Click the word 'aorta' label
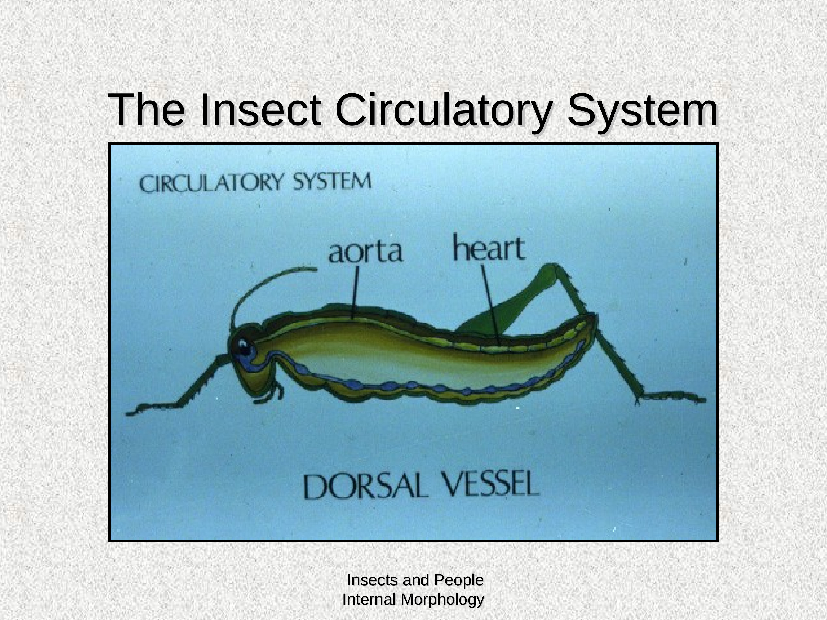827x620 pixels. (366, 252)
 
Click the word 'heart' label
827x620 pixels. (489, 247)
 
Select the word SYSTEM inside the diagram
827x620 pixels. (332, 182)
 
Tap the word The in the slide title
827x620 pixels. (146, 110)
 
